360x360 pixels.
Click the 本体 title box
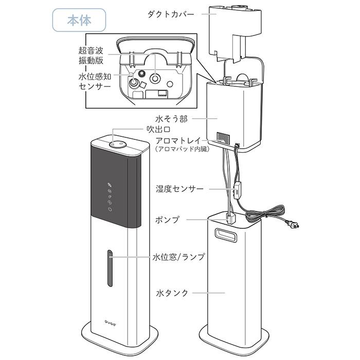pos(79,20)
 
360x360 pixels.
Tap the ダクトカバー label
pos(171,14)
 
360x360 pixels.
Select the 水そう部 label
pos(171,119)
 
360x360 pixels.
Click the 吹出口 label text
pos(158,130)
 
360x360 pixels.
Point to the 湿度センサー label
pos(179,189)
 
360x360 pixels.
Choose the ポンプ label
pos(167,220)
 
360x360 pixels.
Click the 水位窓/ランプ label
pos(178,257)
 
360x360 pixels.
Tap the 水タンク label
pos(172,293)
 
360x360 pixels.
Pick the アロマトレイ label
pos(178,140)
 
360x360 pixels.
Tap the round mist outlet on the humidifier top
pos(118,144)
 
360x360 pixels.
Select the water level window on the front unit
pos(110,268)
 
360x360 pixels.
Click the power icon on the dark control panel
pos(110,209)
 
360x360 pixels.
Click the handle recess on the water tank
pos(225,235)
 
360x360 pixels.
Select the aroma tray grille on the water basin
pos(223,138)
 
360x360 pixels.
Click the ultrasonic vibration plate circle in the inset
pos(155,78)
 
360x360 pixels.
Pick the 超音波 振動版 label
pos(91,56)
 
